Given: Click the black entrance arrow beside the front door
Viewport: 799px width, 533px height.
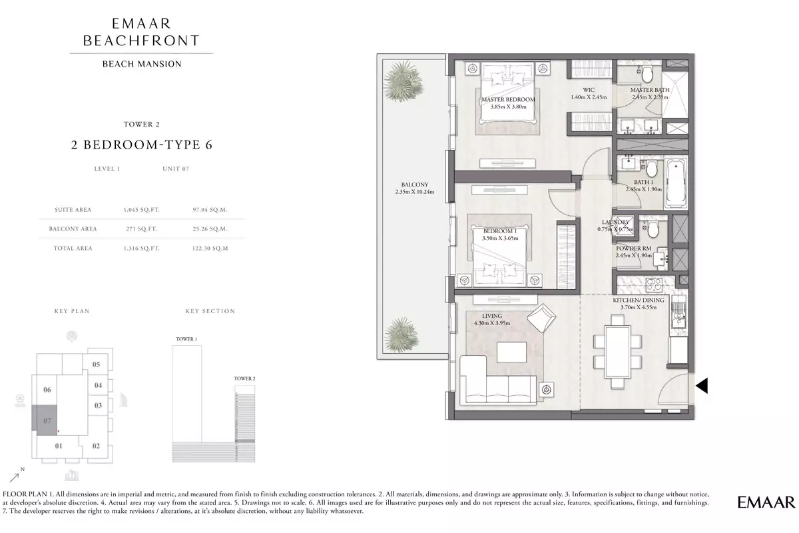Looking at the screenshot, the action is [x=702, y=386].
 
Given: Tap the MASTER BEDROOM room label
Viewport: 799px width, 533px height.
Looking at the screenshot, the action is [x=508, y=99].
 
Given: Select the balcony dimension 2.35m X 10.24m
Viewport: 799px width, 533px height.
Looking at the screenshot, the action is [x=414, y=192].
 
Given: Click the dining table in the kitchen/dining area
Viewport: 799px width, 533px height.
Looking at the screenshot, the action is [x=617, y=352].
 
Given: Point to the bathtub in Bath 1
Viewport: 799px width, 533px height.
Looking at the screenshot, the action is [x=676, y=184].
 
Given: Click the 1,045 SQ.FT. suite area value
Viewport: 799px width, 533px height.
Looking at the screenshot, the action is [x=142, y=210].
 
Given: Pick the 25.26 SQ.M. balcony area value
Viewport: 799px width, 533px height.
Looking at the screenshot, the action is [x=210, y=229].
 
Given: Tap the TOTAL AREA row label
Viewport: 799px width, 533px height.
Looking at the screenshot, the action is [x=73, y=248].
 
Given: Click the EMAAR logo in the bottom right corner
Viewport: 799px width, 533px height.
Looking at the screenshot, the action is [x=766, y=502].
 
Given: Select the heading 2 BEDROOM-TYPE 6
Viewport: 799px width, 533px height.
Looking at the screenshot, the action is [x=142, y=145].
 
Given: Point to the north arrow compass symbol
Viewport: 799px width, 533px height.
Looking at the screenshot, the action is [x=17, y=475].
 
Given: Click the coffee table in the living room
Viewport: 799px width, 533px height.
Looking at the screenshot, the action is [x=511, y=352].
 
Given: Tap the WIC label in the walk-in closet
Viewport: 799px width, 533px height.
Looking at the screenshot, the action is [x=589, y=90].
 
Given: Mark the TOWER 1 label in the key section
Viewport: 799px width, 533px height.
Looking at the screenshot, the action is [x=186, y=339].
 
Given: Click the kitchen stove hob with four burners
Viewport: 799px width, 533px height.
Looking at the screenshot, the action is [x=654, y=285].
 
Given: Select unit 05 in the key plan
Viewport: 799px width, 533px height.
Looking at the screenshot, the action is [x=97, y=364].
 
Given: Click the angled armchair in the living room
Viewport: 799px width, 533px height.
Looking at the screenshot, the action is [x=541, y=318].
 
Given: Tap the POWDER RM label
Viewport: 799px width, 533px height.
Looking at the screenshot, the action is [x=633, y=248].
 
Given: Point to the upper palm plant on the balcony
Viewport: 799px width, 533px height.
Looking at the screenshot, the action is [x=403, y=81].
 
